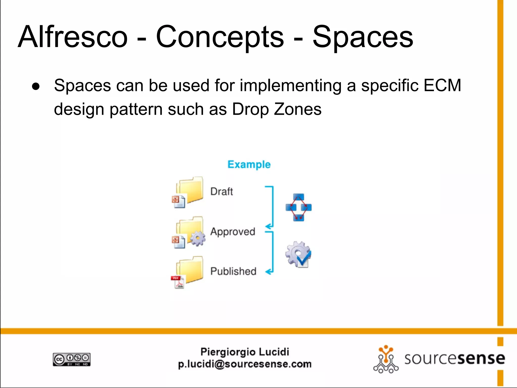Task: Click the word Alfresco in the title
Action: [73, 37]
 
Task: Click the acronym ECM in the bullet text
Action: [442, 85]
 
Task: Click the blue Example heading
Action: [249, 164]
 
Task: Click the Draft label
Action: [222, 191]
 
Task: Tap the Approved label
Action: [233, 232]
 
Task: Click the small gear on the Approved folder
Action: [198, 238]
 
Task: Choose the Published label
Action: [233, 271]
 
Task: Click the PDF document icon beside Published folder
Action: [178, 282]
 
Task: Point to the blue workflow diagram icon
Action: [298, 207]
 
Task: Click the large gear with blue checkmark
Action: [298, 254]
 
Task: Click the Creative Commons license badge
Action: [72, 359]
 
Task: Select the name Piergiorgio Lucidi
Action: [245, 352]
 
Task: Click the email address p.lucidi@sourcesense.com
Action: [245, 364]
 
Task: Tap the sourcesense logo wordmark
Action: [454, 359]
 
